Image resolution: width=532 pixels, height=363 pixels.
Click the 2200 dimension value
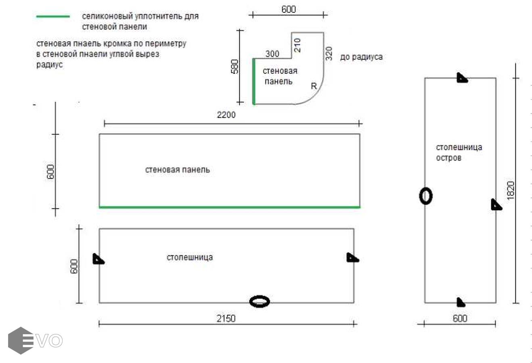click(x=226, y=115)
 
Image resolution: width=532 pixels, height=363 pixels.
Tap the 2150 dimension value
click(x=226, y=319)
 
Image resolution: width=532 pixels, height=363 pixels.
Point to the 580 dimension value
click(x=235, y=67)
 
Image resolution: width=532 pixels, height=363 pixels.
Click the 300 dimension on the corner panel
click(x=272, y=54)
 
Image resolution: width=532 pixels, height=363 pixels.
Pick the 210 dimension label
click(x=297, y=45)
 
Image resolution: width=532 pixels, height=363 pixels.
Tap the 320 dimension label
click(x=329, y=54)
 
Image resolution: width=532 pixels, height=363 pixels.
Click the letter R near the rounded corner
click(x=314, y=86)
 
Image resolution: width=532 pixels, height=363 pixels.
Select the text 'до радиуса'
click(x=361, y=57)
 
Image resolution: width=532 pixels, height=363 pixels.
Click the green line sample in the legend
click(x=53, y=17)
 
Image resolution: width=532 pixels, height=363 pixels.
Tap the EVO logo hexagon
click(x=21, y=340)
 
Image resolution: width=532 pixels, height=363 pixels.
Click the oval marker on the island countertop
click(x=425, y=196)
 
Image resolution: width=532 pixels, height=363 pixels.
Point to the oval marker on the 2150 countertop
click(x=260, y=302)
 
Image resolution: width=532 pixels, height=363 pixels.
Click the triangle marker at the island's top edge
click(x=462, y=78)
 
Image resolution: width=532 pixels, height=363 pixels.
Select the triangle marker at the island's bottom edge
click(x=461, y=302)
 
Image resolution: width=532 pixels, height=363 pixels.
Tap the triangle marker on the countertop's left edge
click(x=98, y=259)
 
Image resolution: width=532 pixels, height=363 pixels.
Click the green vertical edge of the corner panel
click(x=253, y=81)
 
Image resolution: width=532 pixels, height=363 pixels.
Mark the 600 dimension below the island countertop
click(x=460, y=318)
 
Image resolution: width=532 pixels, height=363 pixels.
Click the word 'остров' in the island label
click(x=448, y=158)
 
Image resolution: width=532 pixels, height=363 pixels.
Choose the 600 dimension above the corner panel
click(x=289, y=10)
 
